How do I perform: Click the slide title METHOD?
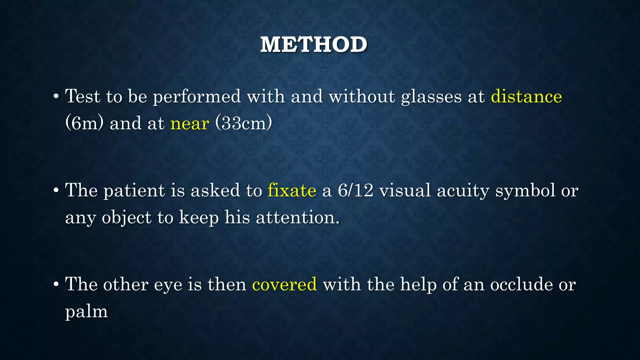click(x=313, y=44)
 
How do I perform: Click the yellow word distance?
click(x=526, y=96)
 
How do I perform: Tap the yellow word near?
click(x=189, y=123)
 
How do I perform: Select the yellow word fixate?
click(x=292, y=190)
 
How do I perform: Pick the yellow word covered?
click(x=284, y=284)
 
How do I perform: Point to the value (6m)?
click(x=84, y=123)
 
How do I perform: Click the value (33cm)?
click(x=244, y=123)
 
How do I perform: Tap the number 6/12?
click(x=356, y=190)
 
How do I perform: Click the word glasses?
click(x=431, y=97)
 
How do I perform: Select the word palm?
click(x=86, y=312)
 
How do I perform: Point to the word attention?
click(x=297, y=217)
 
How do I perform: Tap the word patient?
click(x=134, y=191)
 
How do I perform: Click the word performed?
click(x=197, y=97)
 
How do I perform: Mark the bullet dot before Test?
click(x=56, y=97)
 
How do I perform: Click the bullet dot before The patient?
click(x=56, y=191)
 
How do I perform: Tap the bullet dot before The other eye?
click(x=56, y=285)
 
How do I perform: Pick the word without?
click(x=362, y=96)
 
